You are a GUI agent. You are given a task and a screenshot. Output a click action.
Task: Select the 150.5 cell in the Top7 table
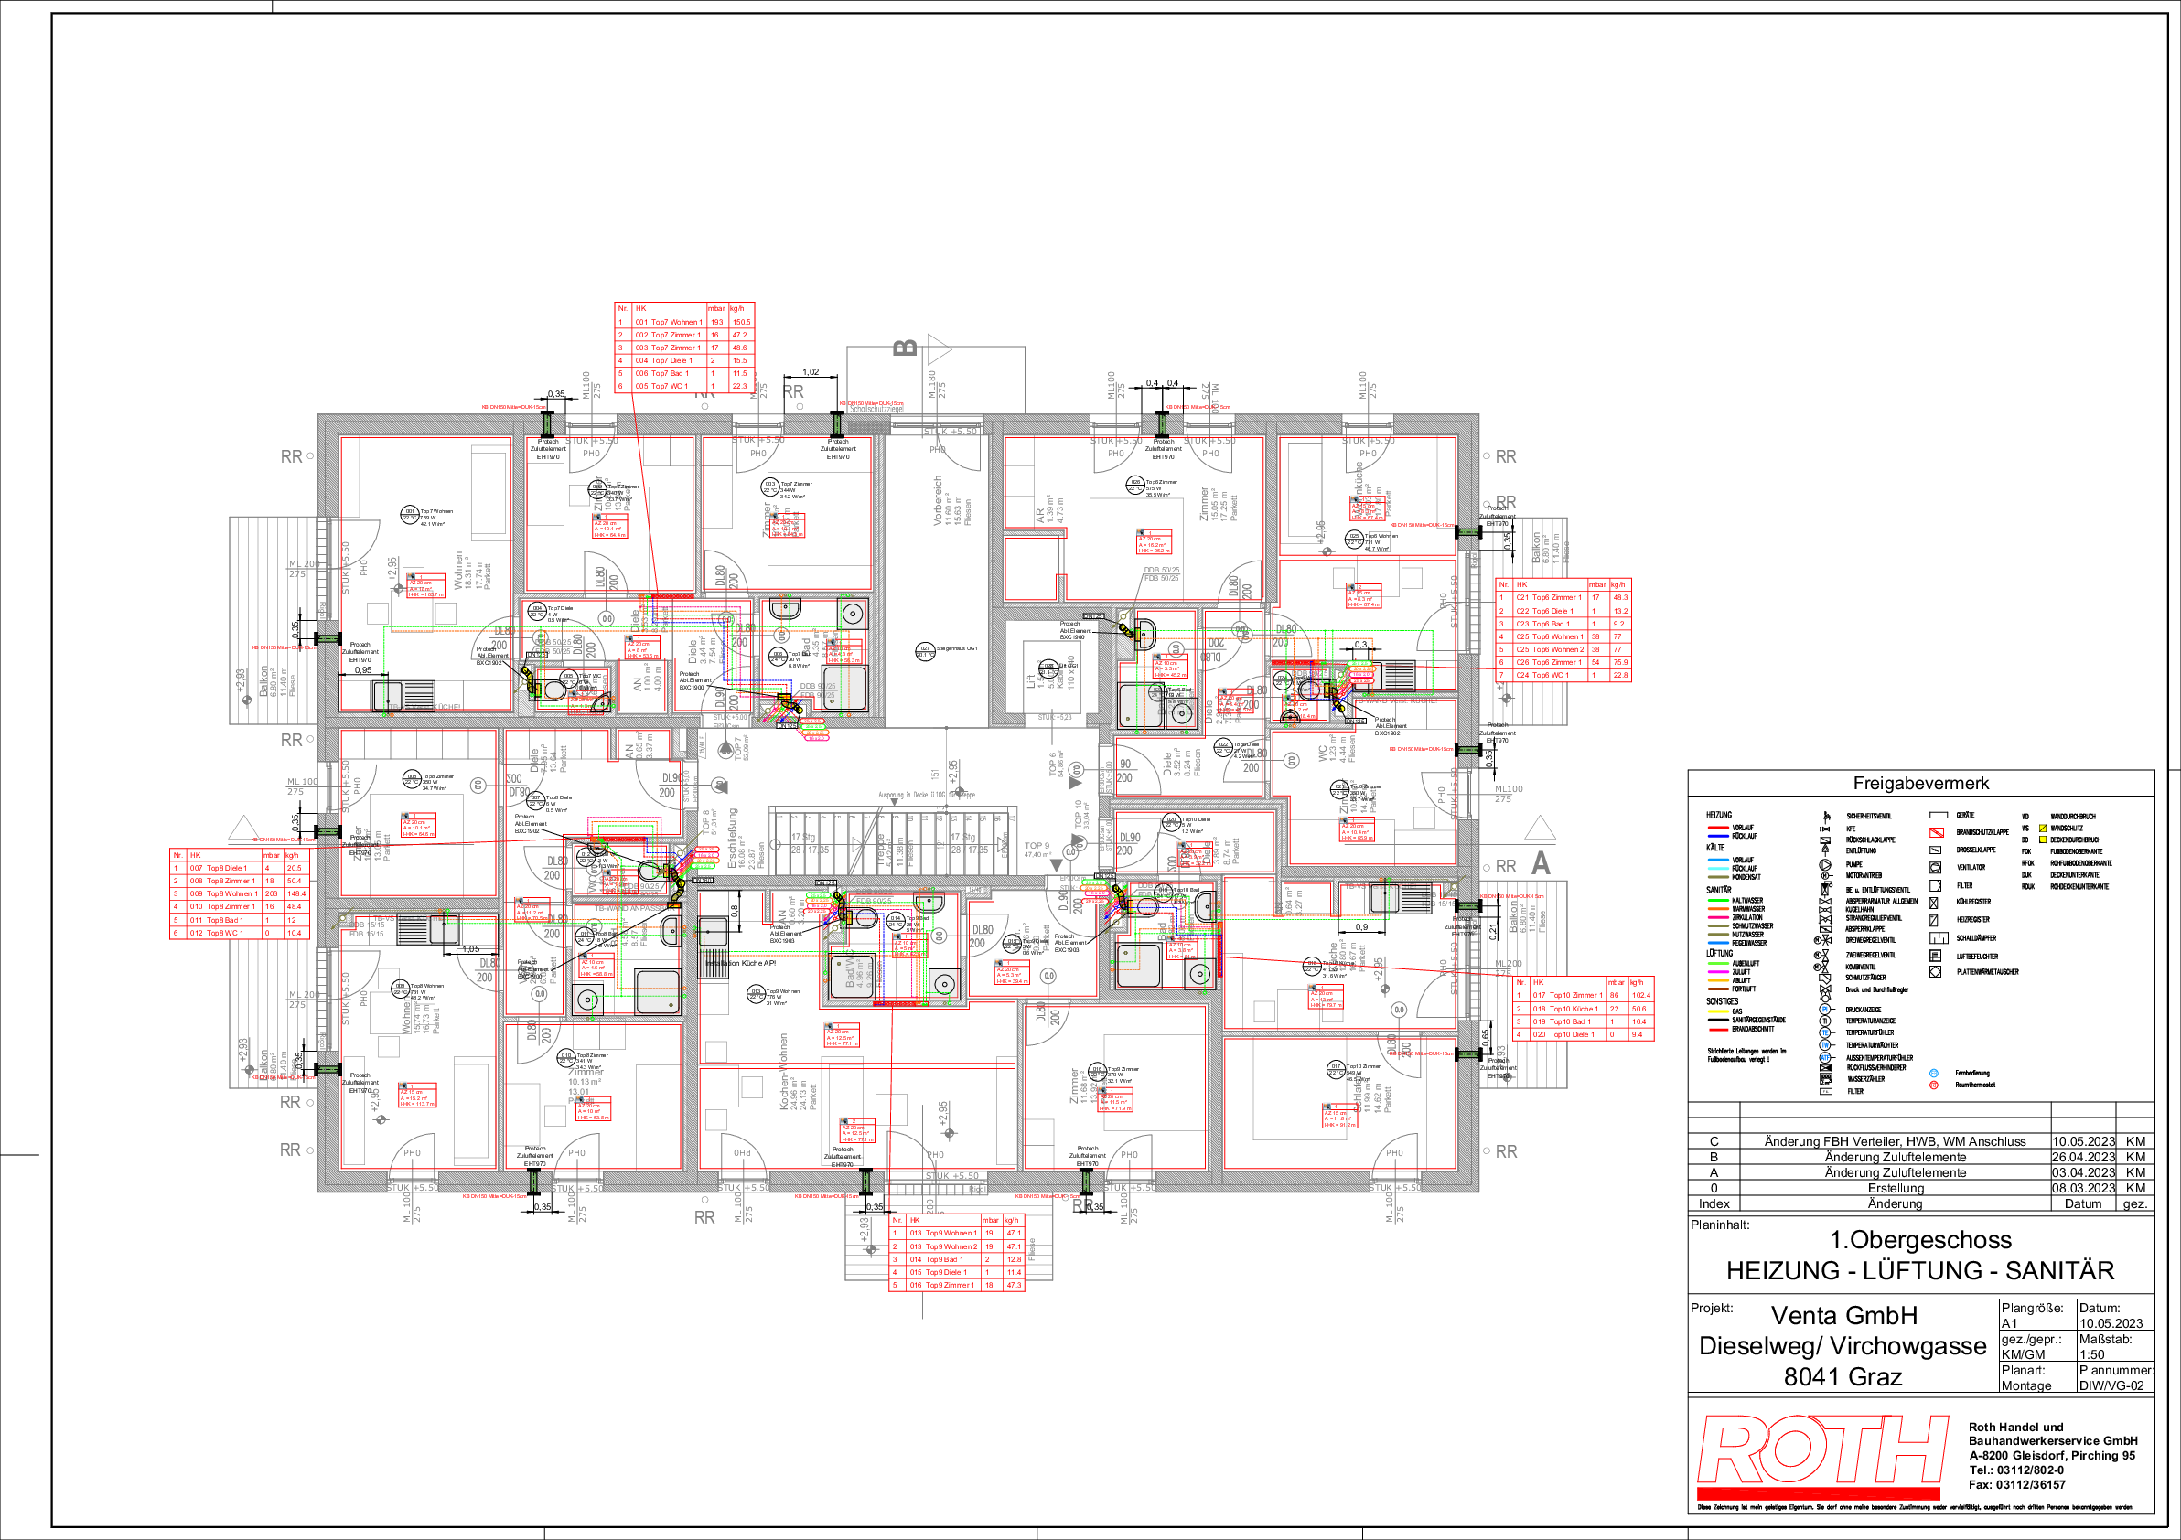click(x=741, y=322)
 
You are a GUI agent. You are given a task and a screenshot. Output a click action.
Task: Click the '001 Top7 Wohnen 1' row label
click(x=669, y=322)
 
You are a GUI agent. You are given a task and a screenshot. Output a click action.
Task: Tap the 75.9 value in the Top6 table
click(x=1619, y=662)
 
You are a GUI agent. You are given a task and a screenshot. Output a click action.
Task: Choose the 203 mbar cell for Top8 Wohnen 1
click(x=272, y=893)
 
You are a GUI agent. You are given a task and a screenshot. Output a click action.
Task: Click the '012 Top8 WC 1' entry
click(x=217, y=933)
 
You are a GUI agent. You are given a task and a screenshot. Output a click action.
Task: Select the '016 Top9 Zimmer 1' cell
click(x=942, y=1285)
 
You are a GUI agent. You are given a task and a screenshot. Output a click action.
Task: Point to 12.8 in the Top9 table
click(x=1014, y=1259)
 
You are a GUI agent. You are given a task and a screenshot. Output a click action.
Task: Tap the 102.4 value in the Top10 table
click(x=1640, y=995)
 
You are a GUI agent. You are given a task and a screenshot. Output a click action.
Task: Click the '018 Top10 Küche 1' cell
click(x=1564, y=1009)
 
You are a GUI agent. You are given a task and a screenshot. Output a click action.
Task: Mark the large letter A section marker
click(x=1541, y=863)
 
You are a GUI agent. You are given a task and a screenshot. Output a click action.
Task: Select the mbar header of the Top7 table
click(x=716, y=308)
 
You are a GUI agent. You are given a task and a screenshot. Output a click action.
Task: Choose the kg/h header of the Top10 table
click(x=1637, y=982)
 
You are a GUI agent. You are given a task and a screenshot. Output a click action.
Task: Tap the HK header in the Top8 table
click(x=196, y=854)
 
